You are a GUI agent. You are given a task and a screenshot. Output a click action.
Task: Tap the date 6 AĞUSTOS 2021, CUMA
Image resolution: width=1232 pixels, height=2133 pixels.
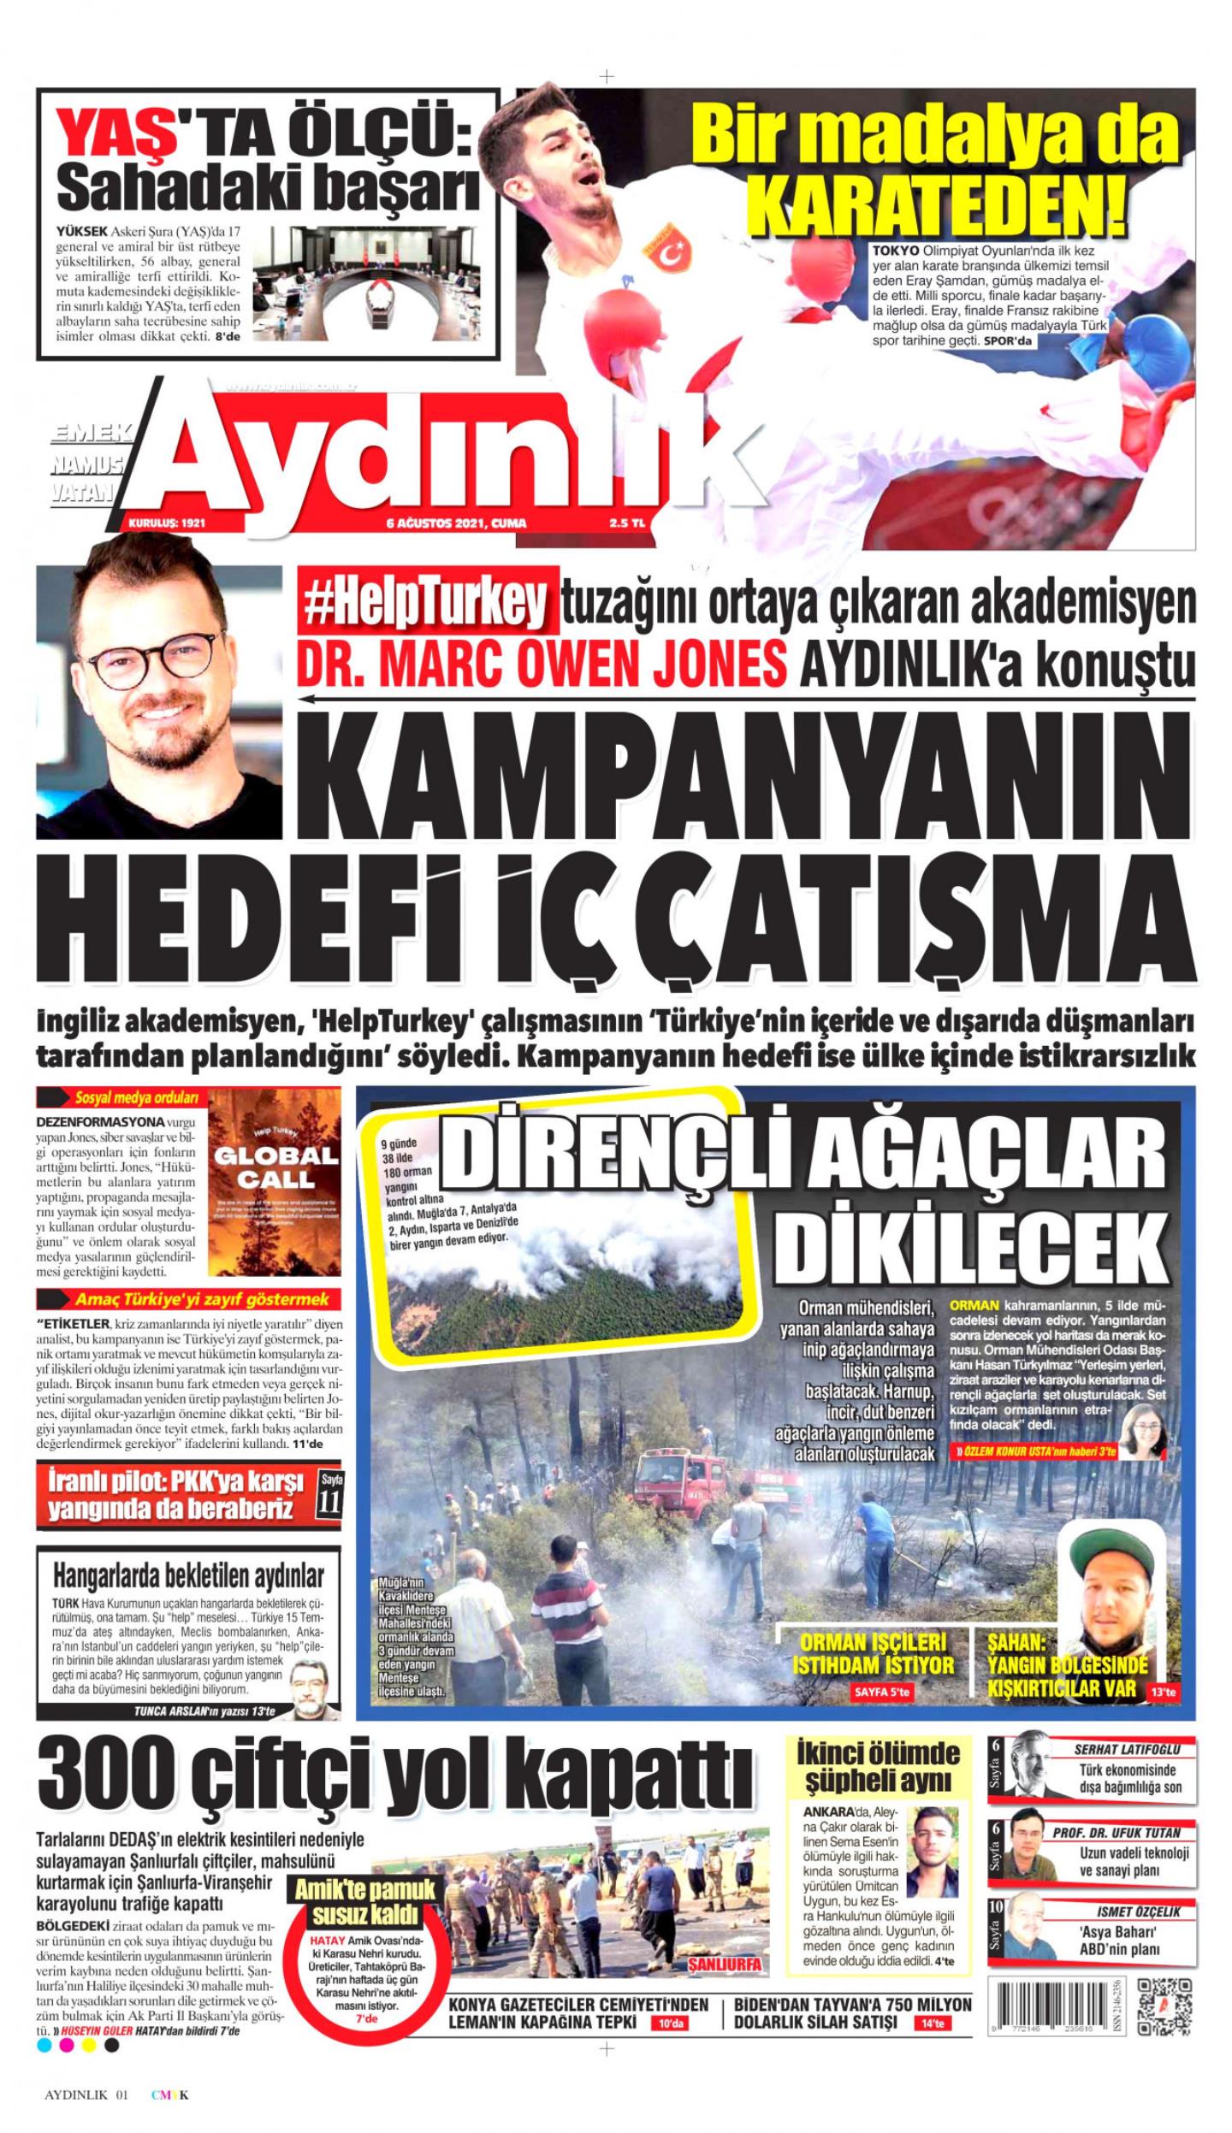(x=455, y=523)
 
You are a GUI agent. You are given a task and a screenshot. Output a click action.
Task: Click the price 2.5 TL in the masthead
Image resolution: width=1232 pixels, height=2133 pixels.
(x=626, y=523)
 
